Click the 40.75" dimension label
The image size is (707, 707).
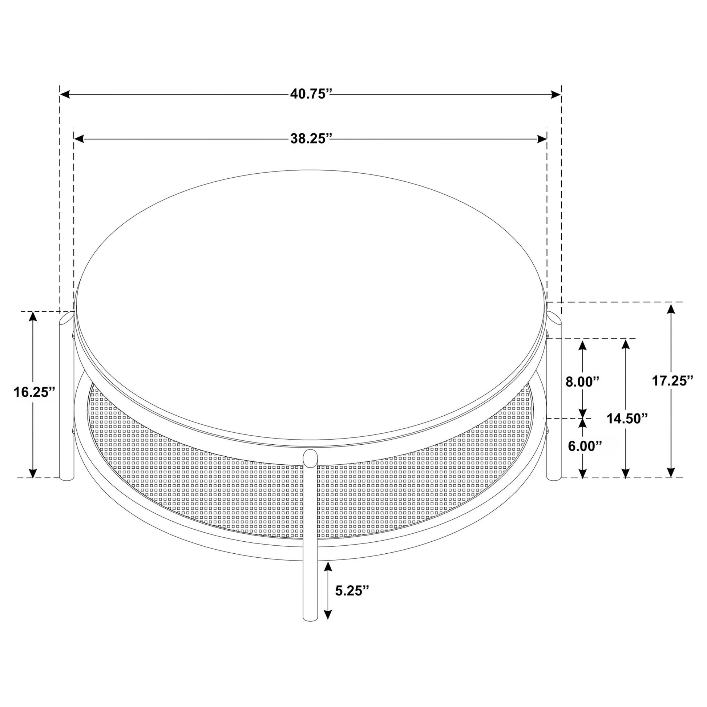point(311,94)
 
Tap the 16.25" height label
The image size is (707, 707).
point(34,392)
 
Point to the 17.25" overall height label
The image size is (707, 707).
point(672,381)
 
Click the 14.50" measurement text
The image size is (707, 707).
point(627,418)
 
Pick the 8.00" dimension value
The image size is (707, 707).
point(583,382)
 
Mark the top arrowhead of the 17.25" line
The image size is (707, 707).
point(670,309)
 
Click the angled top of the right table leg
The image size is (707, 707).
point(554,318)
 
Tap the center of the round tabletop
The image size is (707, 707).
point(311,307)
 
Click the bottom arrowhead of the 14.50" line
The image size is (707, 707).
point(626,473)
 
